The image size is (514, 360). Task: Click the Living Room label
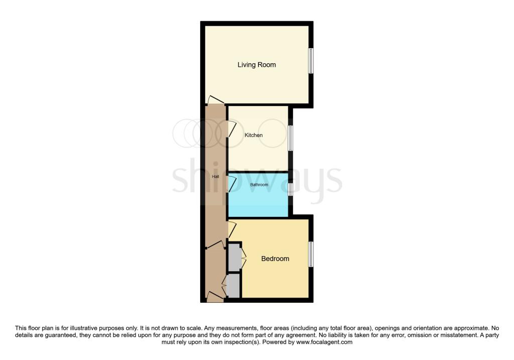(x=256, y=65)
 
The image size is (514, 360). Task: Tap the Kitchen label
(x=253, y=135)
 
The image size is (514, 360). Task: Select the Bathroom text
(x=259, y=185)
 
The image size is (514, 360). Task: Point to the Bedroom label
(x=275, y=259)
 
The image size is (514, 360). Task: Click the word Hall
(x=215, y=177)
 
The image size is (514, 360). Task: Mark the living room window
(x=311, y=61)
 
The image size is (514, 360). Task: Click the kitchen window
(x=290, y=138)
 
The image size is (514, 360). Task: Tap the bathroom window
(x=290, y=189)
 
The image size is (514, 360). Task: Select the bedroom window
(x=311, y=254)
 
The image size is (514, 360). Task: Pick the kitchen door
(x=232, y=129)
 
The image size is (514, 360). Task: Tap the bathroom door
(x=232, y=183)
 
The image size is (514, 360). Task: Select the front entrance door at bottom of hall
(x=215, y=296)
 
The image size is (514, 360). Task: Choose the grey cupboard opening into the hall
(x=232, y=285)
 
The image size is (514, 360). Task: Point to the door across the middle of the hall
(x=215, y=245)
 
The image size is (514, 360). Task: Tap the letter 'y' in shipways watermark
(x=302, y=183)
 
